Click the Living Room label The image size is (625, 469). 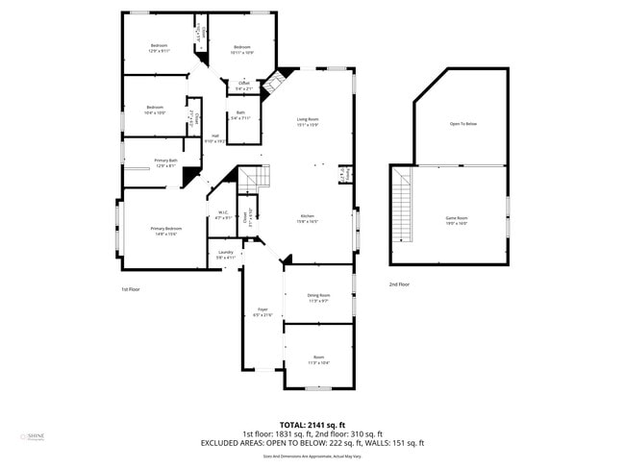pos(308,121)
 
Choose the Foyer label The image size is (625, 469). pos(262,312)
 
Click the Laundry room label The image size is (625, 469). pos(225,255)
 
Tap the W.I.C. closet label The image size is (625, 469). pos(223,215)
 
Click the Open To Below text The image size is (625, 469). pos(463,124)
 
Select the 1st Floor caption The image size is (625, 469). pos(131,288)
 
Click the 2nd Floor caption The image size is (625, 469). pos(399,284)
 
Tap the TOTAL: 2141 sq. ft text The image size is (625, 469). pos(312,424)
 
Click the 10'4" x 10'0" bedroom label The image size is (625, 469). pos(155,110)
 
